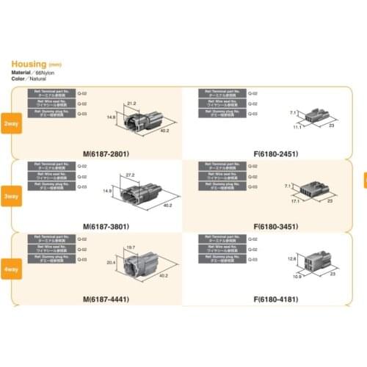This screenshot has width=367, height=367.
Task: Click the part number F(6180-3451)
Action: (279, 226)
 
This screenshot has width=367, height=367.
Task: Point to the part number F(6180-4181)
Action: (279, 299)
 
